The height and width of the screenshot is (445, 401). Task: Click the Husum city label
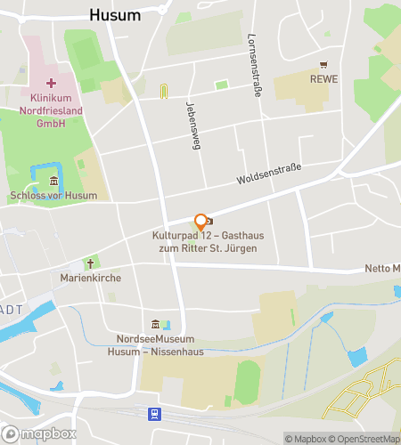click(x=116, y=14)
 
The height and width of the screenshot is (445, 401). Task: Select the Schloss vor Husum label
click(x=53, y=196)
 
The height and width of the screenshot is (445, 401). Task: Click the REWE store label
click(x=324, y=79)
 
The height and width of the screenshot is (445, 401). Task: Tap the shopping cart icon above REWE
click(x=323, y=65)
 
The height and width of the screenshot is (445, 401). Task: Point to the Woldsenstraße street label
click(x=269, y=174)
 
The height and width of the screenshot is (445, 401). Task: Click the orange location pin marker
click(x=200, y=222)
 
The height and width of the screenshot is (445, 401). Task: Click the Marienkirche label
click(x=90, y=278)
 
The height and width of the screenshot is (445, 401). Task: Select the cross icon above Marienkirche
click(x=89, y=263)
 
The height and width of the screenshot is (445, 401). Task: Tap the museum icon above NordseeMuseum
click(x=157, y=324)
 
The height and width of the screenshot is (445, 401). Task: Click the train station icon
click(x=155, y=414)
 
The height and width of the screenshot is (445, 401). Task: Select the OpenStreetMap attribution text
click(x=365, y=438)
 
